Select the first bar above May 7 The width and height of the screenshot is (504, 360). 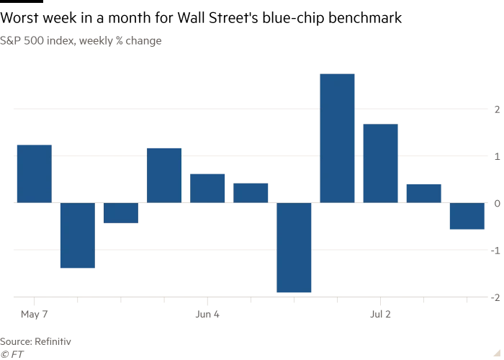[34, 174]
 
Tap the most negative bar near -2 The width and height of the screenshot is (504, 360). [294, 248]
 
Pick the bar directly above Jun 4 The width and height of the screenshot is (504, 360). [207, 188]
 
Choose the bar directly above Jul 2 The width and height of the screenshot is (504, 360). [380, 163]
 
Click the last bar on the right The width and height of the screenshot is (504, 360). [467, 216]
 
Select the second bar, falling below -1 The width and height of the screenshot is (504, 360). [77, 235]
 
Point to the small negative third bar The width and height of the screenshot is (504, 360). [120, 213]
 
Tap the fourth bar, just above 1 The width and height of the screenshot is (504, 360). [163, 175]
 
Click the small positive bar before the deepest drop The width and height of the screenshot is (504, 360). [251, 193]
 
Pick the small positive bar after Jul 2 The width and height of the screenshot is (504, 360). [423, 193]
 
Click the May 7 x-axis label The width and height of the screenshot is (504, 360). [35, 314]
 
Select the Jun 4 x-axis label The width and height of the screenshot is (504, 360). [207, 314]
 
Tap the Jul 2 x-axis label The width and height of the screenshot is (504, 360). [380, 314]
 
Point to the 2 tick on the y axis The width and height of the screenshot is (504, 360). [496, 109]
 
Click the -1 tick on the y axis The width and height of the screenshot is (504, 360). [495, 251]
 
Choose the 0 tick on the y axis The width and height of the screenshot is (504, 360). [496, 204]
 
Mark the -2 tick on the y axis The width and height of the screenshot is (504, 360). [495, 297]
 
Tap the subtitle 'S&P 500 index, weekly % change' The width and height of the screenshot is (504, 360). [81, 41]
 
